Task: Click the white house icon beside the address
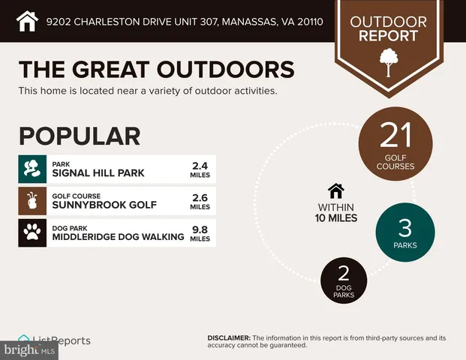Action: tap(27, 20)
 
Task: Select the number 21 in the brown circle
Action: tap(395, 136)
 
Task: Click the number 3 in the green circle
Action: tap(404, 226)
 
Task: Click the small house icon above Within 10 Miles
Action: tap(335, 190)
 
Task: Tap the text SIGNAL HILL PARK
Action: tap(98, 173)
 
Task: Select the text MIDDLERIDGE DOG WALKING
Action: tap(118, 237)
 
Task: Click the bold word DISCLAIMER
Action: tap(228, 338)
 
